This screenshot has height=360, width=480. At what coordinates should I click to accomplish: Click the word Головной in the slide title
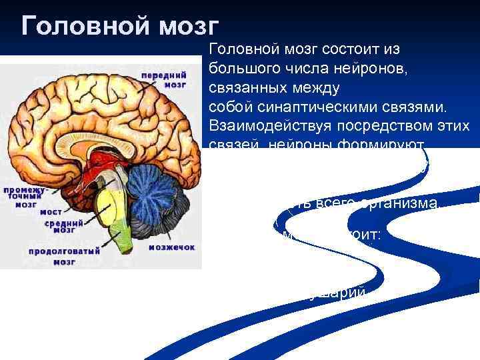coord(83,25)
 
